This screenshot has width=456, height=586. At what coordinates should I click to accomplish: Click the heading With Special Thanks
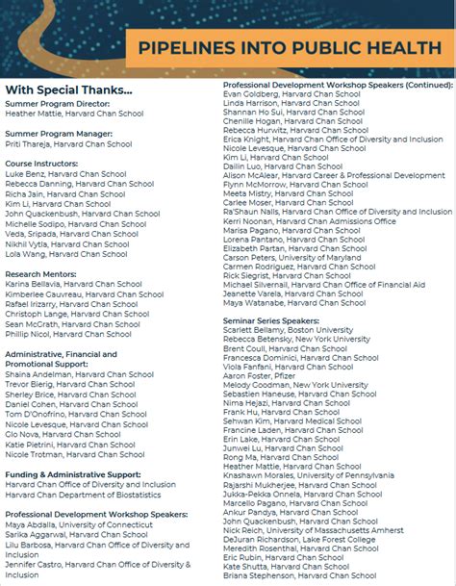point(68,90)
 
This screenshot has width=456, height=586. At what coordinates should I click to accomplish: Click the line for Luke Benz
point(65,174)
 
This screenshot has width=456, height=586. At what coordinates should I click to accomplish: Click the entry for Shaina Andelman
point(79,374)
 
